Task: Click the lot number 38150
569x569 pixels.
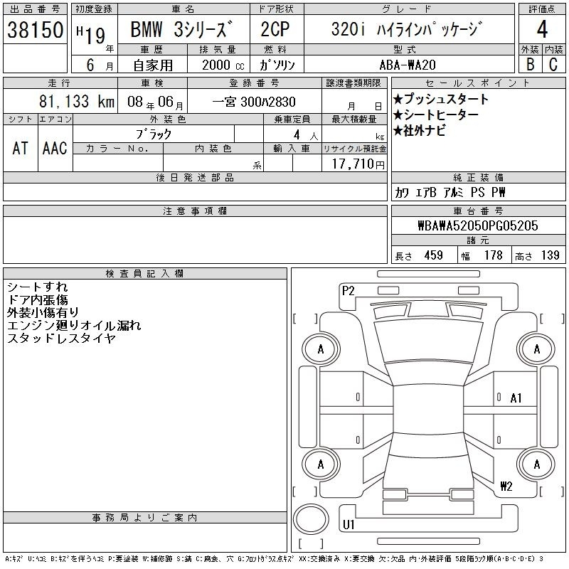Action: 35,30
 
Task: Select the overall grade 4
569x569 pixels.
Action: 542,29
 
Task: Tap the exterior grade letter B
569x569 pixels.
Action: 530,64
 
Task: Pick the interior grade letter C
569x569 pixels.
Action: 553,64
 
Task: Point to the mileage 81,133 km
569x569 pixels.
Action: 77,101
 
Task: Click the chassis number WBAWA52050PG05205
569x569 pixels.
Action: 477,225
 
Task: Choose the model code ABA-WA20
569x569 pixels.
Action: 408,65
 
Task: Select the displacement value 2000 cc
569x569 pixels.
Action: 223,65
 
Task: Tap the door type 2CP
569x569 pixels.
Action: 275,29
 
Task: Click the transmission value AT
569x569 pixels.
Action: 20,148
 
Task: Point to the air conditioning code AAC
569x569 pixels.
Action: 55,148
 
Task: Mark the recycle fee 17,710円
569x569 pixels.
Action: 358,164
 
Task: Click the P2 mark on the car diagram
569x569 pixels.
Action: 348,291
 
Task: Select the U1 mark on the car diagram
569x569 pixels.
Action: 349,524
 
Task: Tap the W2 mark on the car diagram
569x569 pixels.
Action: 506,486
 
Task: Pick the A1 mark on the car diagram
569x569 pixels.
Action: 516,398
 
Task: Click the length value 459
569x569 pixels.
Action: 434,255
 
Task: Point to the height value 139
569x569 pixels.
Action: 550,255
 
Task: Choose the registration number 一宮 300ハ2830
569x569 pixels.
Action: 254,102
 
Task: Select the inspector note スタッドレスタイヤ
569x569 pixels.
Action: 61,339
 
